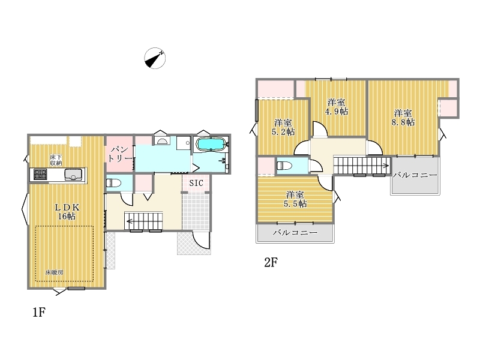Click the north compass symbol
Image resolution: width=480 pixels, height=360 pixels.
[x=155, y=58]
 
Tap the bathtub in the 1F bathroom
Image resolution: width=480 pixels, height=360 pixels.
[x=211, y=144]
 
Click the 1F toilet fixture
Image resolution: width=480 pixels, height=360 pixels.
[x=114, y=183]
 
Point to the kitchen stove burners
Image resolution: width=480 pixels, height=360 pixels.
[x=40, y=175]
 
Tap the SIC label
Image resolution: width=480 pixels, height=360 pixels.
[x=196, y=183]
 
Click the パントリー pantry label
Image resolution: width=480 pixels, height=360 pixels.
[x=119, y=154]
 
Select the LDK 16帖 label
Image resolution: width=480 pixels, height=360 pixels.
[x=67, y=212]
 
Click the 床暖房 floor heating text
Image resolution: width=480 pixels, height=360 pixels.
[x=54, y=272]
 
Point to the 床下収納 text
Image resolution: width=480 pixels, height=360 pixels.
[x=56, y=160]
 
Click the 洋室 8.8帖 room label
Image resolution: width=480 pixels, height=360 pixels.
[x=403, y=118]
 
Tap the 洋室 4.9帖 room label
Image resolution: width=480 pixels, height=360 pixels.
[x=336, y=107]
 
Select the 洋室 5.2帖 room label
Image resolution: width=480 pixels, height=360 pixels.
[x=283, y=127]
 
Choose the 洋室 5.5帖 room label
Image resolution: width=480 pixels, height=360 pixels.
[x=295, y=199]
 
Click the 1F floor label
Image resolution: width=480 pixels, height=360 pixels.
[x=39, y=312]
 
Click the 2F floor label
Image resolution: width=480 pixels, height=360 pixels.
[x=271, y=262]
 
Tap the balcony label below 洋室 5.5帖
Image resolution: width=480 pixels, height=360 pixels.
[x=295, y=233]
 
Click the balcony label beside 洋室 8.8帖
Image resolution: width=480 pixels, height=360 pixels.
[x=415, y=175]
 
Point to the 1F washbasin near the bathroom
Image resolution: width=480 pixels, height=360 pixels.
[x=162, y=141]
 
